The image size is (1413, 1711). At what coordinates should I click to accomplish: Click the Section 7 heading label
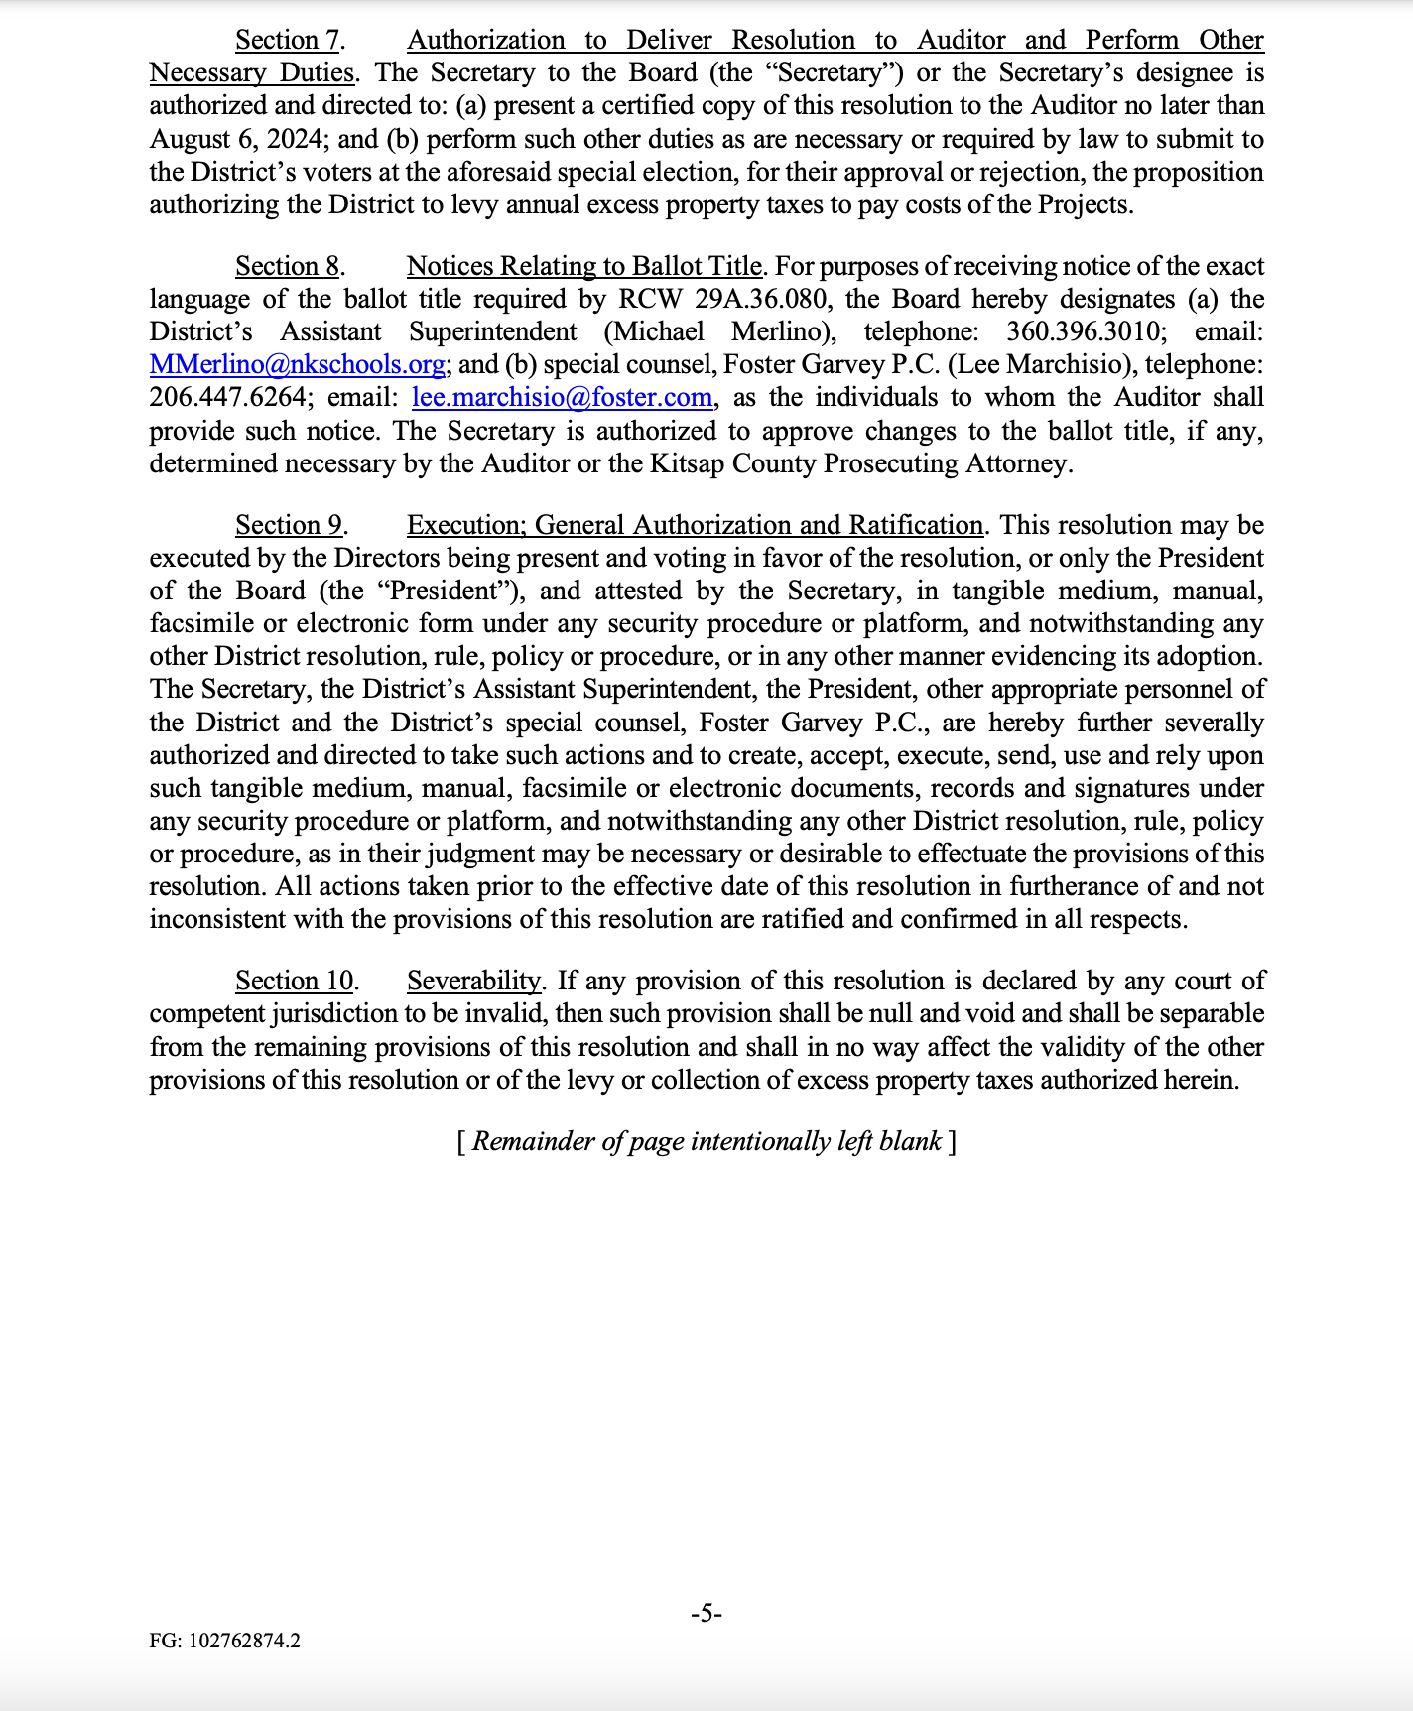click(x=289, y=41)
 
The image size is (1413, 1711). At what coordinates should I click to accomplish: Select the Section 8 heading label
click(x=289, y=267)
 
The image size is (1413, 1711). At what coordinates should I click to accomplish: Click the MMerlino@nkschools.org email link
click(x=297, y=365)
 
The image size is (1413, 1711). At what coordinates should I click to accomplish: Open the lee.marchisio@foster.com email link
click(x=562, y=398)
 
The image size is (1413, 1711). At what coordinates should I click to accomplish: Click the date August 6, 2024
click(x=233, y=139)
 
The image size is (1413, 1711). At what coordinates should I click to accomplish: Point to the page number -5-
click(x=706, y=1614)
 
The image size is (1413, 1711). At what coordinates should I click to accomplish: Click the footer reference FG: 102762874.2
click(x=225, y=1641)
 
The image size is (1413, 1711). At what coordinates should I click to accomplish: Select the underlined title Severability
click(x=474, y=982)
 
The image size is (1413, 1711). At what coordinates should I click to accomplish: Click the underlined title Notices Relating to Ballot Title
click(x=584, y=267)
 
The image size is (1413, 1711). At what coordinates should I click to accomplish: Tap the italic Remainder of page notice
click(x=706, y=1142)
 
